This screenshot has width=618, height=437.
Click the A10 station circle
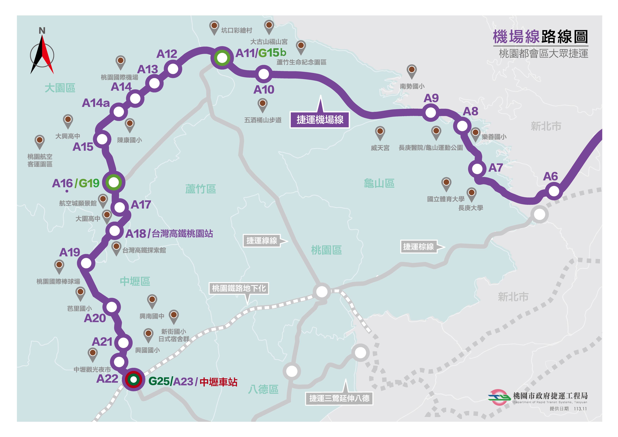point(263,74)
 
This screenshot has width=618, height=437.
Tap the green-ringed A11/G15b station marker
point(222,58)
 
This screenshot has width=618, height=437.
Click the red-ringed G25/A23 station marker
point(133,380)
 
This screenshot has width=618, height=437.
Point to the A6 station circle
point(554,191)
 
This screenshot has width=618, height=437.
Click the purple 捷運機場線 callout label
point(320,120)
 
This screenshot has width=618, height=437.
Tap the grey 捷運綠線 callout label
point(262,241)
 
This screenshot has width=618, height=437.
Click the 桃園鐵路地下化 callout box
point(239,288)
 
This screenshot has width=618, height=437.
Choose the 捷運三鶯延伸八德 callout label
point(339,398)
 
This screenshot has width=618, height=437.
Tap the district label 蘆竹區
point(201,189)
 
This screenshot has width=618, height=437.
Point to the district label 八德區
point(263,389)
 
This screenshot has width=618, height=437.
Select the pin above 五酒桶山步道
point(262,104)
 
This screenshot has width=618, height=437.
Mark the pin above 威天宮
point(380,132)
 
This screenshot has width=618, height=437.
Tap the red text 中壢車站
point(219,382)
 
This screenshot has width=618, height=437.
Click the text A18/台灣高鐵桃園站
point(169,234)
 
